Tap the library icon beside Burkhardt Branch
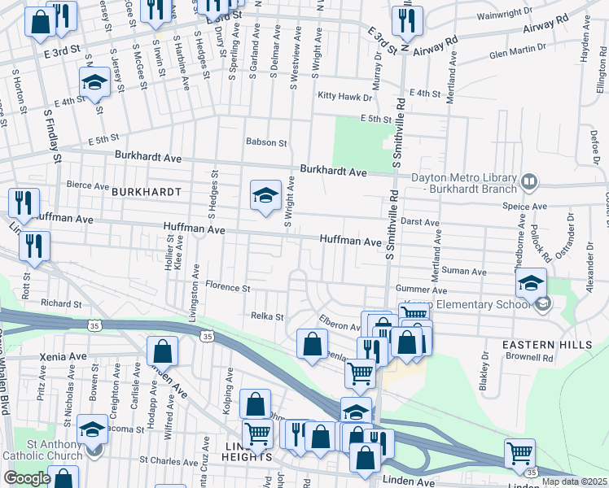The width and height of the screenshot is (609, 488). pyautogui.click(x=529, y=180)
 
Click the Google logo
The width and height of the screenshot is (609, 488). pyautogui.click(x=27, y=478)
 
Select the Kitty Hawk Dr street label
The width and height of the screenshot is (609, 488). pyautogui.click(x=344, y=96)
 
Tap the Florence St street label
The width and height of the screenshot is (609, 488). pyautogui.click(x=227, y=287)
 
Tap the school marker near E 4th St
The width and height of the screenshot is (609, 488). pyautogui.click(x=94, y=82)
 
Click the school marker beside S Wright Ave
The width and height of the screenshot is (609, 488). pyautogui.click(x=265, y=195)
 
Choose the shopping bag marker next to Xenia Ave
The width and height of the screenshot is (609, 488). pyautogui.click(x=162, y=351)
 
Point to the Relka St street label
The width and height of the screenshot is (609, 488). pyautogui.click(x=266, y=316)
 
